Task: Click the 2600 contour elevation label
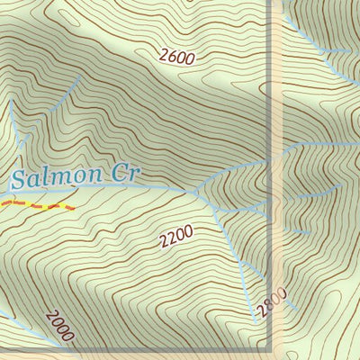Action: (176, 56)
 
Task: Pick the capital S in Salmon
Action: (20, 179)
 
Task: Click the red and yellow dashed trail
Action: (36, 206)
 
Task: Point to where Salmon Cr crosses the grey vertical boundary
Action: (271, 163)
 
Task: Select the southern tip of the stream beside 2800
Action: (253, 319)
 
